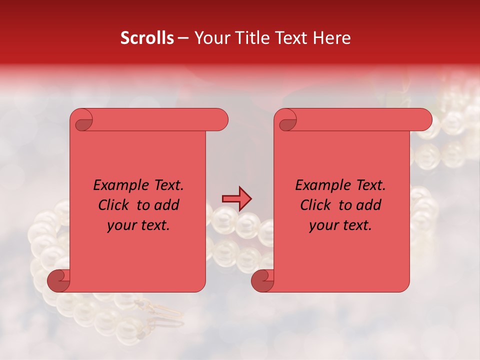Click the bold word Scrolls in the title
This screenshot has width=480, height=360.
147,38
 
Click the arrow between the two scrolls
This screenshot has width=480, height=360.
236,199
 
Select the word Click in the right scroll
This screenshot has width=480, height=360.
315,205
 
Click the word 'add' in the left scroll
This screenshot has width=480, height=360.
167,205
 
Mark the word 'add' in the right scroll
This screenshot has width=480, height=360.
369,205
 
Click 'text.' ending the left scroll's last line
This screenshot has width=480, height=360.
155,225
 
